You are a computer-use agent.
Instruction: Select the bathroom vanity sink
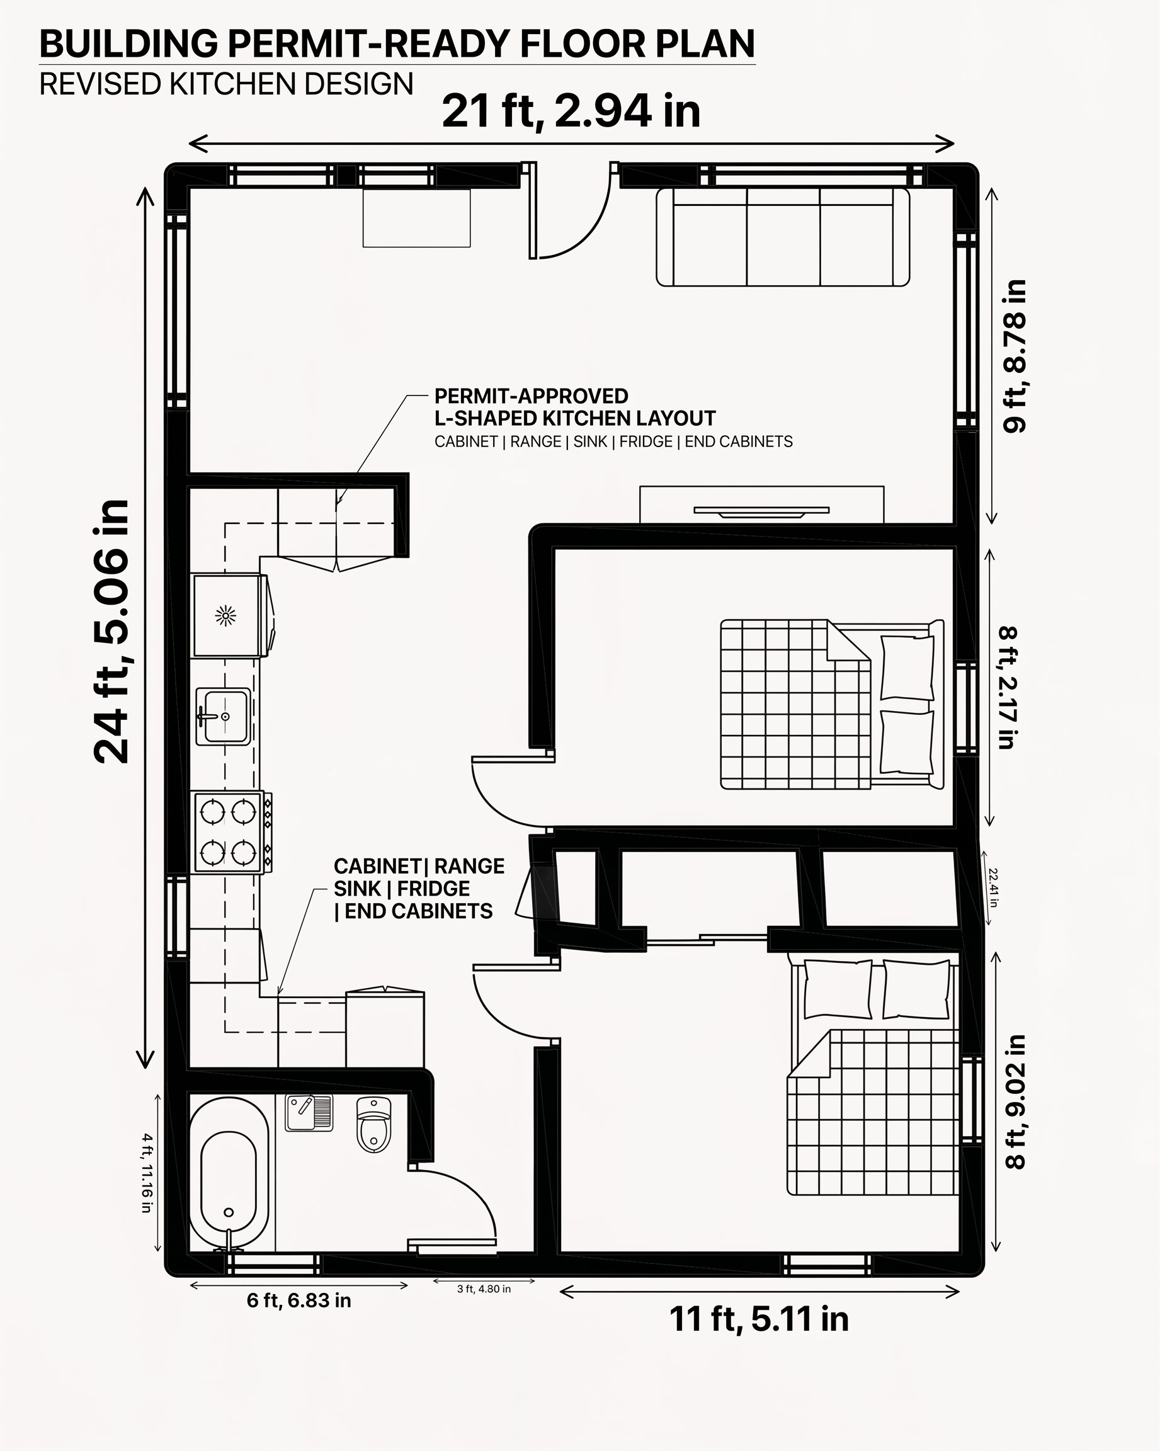click(309, 1112)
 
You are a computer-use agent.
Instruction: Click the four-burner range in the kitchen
click(228, 833)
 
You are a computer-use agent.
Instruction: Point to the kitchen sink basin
click(224, 716)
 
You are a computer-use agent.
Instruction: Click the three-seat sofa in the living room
click(783, 237)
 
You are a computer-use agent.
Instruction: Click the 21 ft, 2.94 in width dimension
click(571, 111)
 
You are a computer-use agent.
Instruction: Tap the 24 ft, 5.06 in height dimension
click(111, 632)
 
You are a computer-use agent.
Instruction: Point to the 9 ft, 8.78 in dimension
click(1015, 356)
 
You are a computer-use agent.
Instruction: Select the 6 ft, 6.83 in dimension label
click(299, 1300)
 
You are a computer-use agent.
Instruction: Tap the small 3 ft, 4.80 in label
click(484, 1289)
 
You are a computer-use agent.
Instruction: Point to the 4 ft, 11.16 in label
click(147, 1173)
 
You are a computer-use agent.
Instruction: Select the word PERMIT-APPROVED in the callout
click(532, 395)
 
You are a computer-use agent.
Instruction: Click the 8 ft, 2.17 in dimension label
click(1007, 688)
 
